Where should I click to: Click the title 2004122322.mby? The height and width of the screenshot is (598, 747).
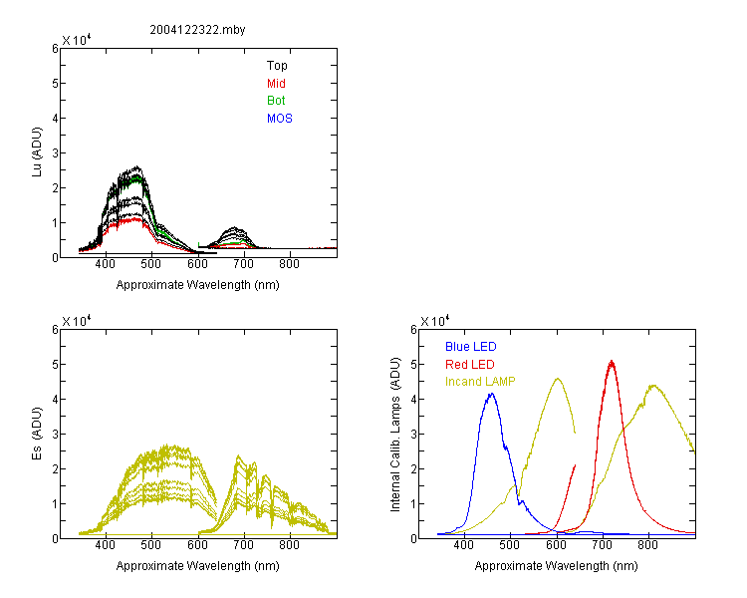[x=197, y=30]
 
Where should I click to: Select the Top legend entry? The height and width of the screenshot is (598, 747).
[x=277, y=66]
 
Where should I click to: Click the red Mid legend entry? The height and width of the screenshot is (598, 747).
[x=276, y=84]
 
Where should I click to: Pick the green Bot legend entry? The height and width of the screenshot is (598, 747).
[x=276, y=101]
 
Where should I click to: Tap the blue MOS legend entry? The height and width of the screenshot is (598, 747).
[x=279, y=119]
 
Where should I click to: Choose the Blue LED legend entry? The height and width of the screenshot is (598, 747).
[x=471, y=347]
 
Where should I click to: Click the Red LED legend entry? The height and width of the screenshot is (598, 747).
[x=470, y=365]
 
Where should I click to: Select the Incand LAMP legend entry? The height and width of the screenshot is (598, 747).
[x=480, y=382]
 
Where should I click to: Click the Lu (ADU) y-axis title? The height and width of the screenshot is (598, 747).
[x=37, y=152]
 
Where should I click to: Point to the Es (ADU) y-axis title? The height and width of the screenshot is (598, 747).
[x=37, y=434]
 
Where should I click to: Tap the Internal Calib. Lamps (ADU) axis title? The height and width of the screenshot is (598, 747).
[x=395, y=435]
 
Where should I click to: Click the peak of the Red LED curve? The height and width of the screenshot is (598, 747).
[x=612, y=361]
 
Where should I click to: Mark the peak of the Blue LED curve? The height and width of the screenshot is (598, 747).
[x=492, y=394]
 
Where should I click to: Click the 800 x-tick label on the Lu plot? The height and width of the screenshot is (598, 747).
[x=289, y=264]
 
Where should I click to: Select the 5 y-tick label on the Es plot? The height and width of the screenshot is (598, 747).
[x=55, y=365]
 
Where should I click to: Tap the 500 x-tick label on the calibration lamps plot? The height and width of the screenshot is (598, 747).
[x=510, y=544]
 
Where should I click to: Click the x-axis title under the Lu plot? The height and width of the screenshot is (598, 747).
[x=198, y=285]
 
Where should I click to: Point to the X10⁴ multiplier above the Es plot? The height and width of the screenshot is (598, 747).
[x=77, y=321]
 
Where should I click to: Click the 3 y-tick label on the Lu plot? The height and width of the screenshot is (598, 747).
[x=55, y=153]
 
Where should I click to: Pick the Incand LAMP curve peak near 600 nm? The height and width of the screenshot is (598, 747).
[x=558, y=379]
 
